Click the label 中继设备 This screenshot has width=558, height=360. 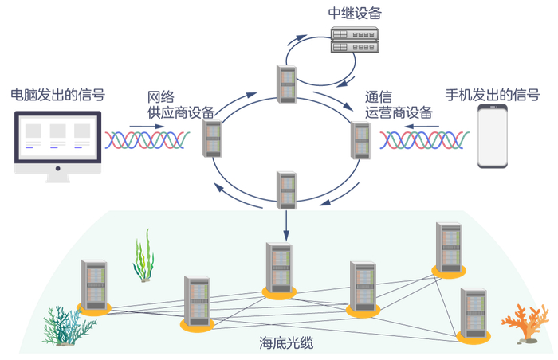click(354, 14)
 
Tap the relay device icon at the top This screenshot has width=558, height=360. click(354, 39)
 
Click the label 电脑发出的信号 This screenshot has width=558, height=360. click(57, 95)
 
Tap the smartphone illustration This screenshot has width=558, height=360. click(493, 136)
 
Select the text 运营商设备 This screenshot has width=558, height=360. click(399, 112)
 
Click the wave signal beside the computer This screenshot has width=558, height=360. click(147, 140)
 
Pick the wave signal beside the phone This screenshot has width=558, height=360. click(422, 140)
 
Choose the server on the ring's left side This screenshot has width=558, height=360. click(212, 139)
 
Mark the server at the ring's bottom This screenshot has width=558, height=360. click(287, 188)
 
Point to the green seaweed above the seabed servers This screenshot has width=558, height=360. click(143, 255)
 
